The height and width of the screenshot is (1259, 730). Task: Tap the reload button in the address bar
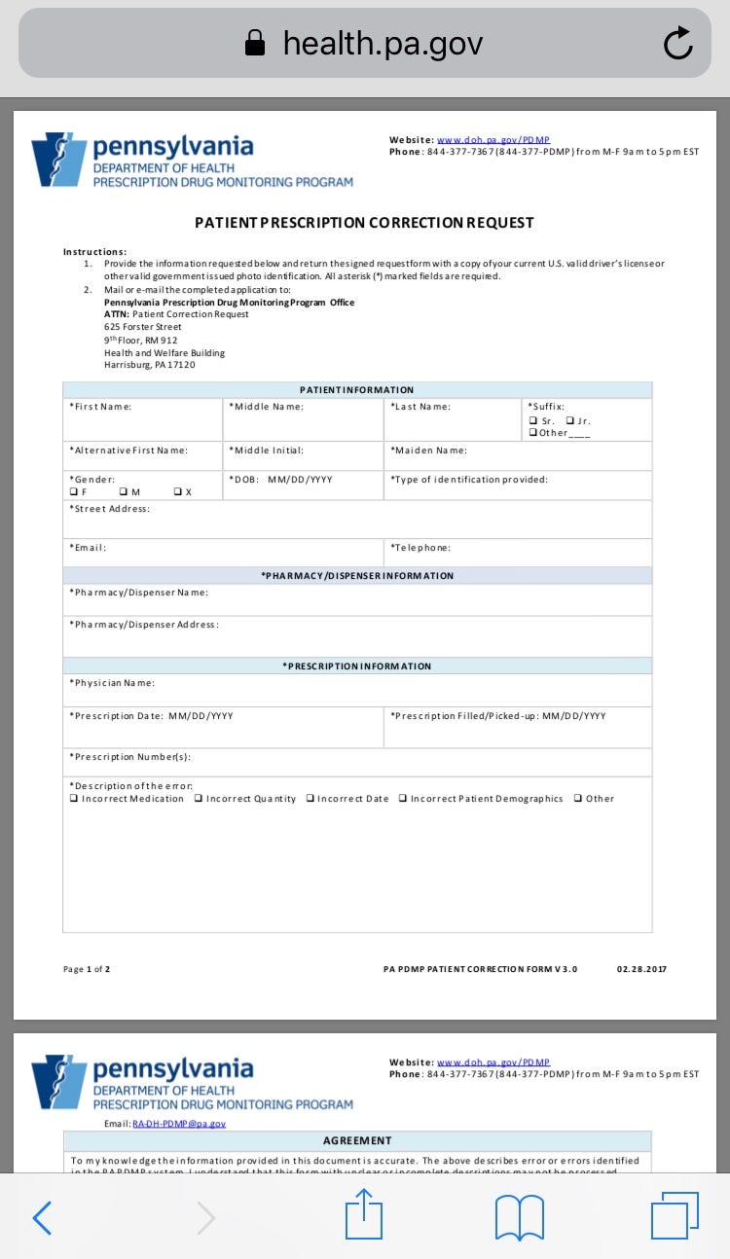point(677,43)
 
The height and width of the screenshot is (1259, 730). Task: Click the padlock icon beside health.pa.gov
point(255,43)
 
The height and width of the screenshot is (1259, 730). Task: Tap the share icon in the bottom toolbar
point(364,1217)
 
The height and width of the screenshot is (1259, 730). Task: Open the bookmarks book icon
point(520,1217)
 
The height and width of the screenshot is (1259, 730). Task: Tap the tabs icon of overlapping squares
point(675,1217)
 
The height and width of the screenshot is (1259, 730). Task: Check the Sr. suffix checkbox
point(533,421)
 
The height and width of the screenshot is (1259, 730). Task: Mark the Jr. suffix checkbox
point(569,421)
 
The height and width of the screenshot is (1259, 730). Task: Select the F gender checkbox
point(73,492)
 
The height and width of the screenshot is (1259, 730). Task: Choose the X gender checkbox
point(177,492)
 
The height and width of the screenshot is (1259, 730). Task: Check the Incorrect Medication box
point(74,799)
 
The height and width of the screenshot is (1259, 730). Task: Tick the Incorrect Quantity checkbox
point(199,799)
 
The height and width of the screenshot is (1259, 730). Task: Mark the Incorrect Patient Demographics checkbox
point(403,799)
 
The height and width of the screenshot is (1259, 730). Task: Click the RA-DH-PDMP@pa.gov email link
point(179,1124)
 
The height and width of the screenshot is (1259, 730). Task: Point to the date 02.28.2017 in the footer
point(641,969)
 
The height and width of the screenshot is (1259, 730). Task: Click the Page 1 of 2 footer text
point(87,969)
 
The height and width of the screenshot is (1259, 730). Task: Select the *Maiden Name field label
point(428,450)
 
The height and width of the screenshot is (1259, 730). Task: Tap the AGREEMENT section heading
point(357,1140)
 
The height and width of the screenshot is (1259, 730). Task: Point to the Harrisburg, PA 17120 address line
point(150,365)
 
